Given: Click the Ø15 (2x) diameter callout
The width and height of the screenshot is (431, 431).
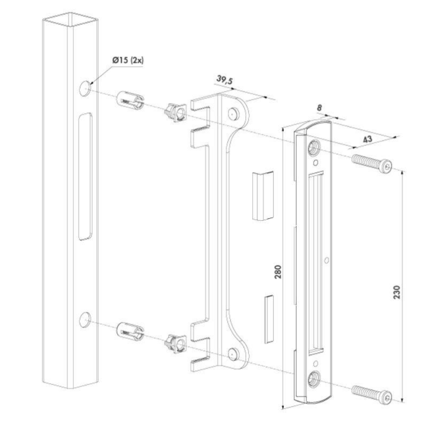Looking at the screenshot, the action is (x=128, y=60).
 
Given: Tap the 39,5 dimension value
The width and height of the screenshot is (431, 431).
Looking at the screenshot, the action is (x=225, y=80).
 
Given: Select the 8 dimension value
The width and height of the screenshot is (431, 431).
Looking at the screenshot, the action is (x=319, y=107).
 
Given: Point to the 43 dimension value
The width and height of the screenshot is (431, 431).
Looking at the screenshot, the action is (x=367, y=139).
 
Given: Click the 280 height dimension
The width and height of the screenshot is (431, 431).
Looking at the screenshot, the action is (x=278, y=272).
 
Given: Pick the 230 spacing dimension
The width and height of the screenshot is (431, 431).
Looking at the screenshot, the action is (x=397, y=292).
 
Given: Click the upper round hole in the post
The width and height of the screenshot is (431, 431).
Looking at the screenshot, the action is (x=85, y=88).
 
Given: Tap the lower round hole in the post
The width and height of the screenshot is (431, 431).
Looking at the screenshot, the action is (x=85, y=319).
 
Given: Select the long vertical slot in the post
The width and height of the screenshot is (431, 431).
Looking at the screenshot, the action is (x=85, y=177).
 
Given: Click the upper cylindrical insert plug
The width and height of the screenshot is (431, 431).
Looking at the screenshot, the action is (x=130, y=101).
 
